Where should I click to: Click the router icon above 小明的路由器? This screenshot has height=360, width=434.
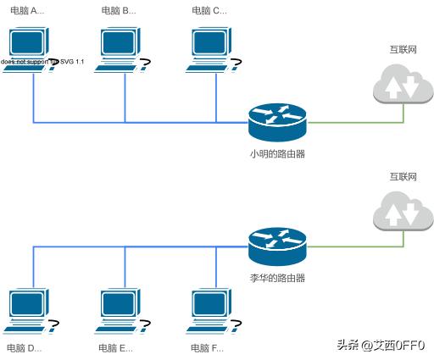(x=277, y=121)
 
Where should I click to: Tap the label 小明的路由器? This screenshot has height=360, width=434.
(x=277, y=154)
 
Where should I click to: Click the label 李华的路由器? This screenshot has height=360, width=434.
(x=277, y=278)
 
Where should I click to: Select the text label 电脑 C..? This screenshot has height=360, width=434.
(x=209, y=11)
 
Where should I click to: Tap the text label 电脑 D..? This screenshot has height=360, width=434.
(x=25, y=348)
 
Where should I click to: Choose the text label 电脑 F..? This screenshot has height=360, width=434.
(x=208, y=348)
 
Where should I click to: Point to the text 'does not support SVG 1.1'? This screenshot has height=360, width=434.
(x=42, y=62)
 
